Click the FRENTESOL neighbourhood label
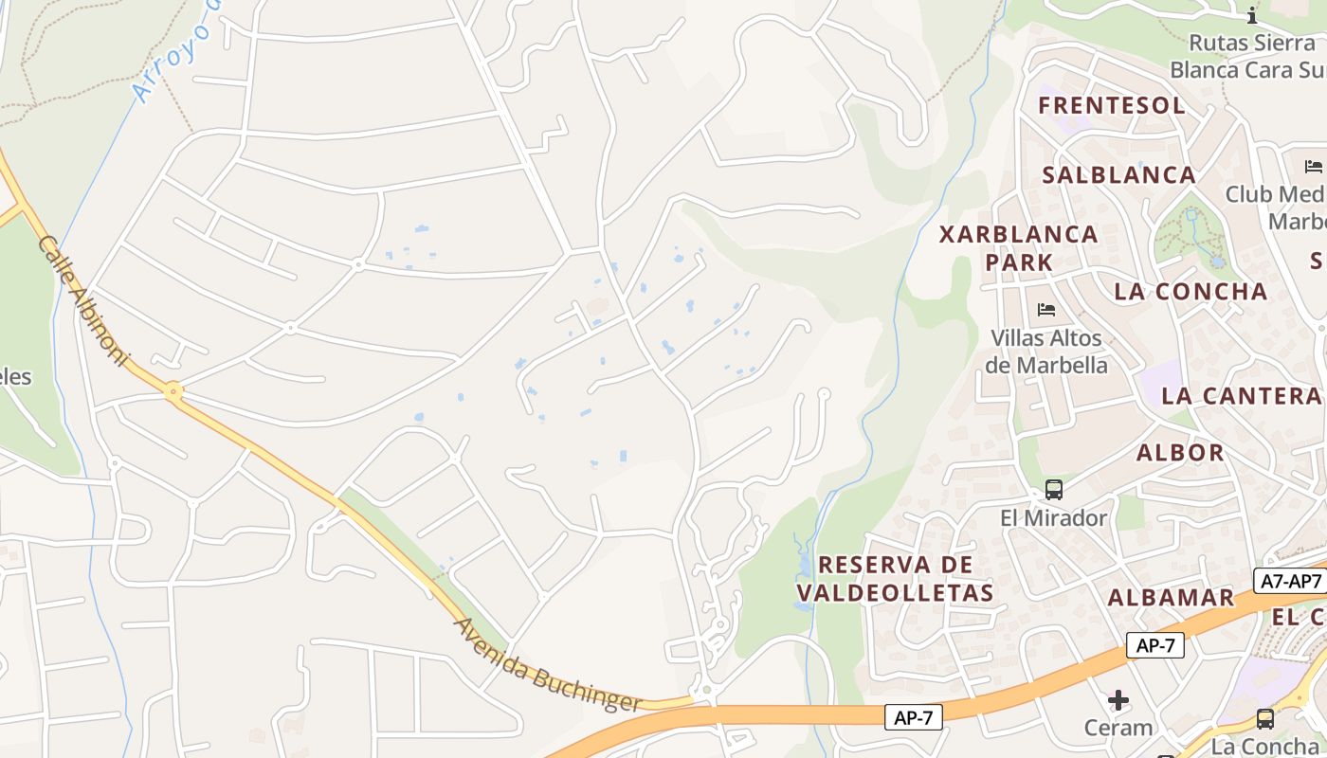click(1112, 105)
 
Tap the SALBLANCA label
click(1118, 175)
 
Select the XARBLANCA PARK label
click(1018, 247)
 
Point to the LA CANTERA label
click(1241, 396)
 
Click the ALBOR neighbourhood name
click(1180, 453)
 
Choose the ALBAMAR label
click(1171, 598)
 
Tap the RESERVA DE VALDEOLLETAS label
click(895, 579)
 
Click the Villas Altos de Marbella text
click(1046, 352)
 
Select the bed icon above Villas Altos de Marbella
click(1046, 309)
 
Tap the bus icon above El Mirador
click(1054, 490)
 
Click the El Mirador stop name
click(1054, 518)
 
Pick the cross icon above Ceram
click(1118, 700)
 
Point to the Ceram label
click(1118, 728)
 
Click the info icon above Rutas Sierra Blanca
click(1252, 15)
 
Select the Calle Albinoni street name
click(82, 300)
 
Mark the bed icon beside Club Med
click(1313, 167)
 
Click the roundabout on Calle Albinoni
click(173, 389)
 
